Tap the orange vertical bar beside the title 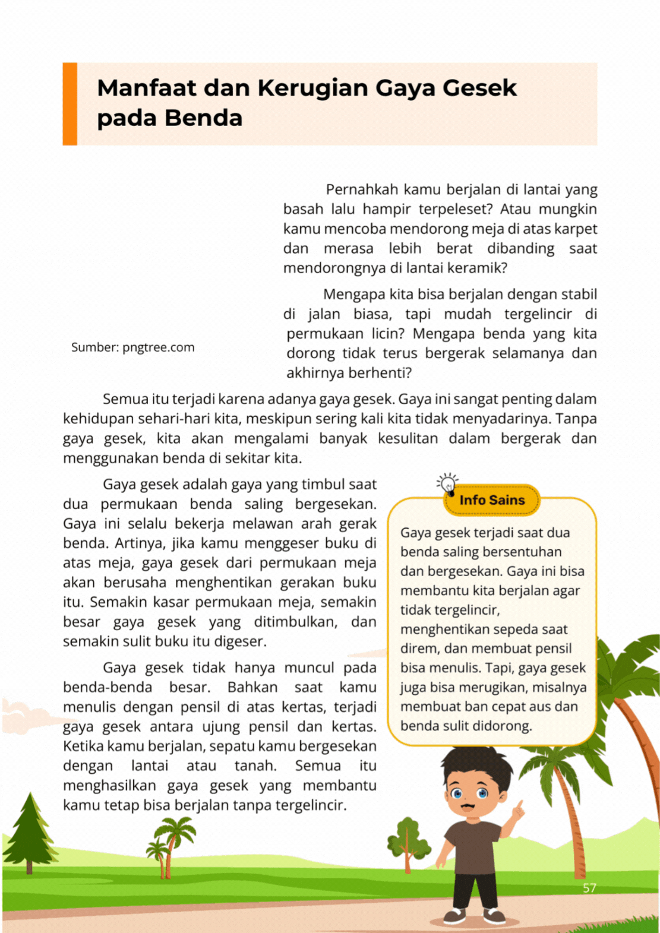(x=70, y=104)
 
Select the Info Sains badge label (x=492, y=500)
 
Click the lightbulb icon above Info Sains (x=447, y=483)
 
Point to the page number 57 (x=589, y=888)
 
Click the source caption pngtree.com (x=133, y=347)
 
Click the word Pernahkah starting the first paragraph (x=362, y=190)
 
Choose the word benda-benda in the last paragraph (x=108, y=687)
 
